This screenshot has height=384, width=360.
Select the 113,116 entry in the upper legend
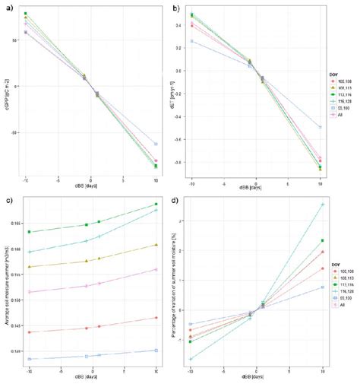tap(338, 90)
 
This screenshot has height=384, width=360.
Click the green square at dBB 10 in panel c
tap(156, 205)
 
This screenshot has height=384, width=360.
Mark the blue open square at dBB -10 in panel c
tap(29, 359)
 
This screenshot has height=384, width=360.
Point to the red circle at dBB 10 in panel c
tap(156, 318)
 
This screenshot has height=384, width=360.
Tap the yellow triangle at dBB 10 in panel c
tap(156, 245)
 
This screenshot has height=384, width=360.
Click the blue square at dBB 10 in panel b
tap(320, 127)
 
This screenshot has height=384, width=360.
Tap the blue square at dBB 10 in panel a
tap(156, 144)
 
